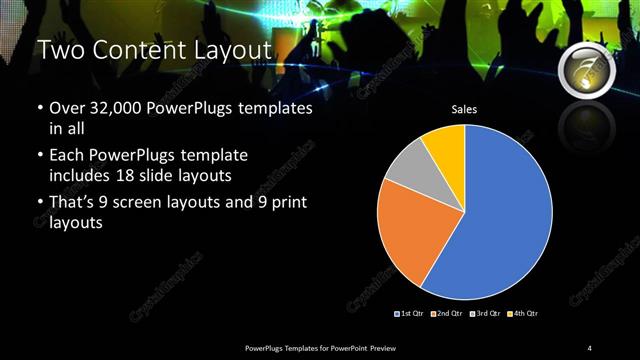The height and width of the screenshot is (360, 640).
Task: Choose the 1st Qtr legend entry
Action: (x=410, y=314)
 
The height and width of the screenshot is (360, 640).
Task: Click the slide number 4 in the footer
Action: (x=590, y=347)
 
